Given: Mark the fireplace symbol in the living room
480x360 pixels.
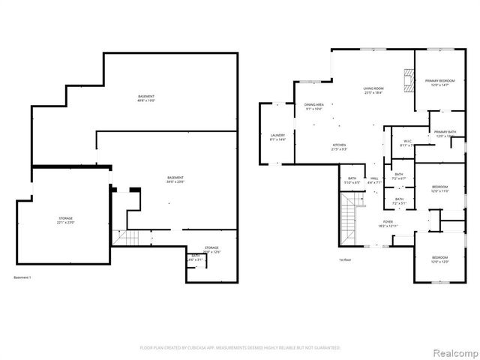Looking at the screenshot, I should (408, 79).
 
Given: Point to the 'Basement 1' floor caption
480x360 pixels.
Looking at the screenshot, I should (24, 277).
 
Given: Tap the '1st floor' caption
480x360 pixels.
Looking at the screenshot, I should (346, 259).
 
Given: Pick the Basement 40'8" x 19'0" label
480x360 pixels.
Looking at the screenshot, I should (146, 98).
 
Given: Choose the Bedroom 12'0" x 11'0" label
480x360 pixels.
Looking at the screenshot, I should (439, 189).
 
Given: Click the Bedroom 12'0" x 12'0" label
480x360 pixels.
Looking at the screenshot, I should (439, 260).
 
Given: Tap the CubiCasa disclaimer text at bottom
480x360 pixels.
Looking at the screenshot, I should (240, 348).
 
